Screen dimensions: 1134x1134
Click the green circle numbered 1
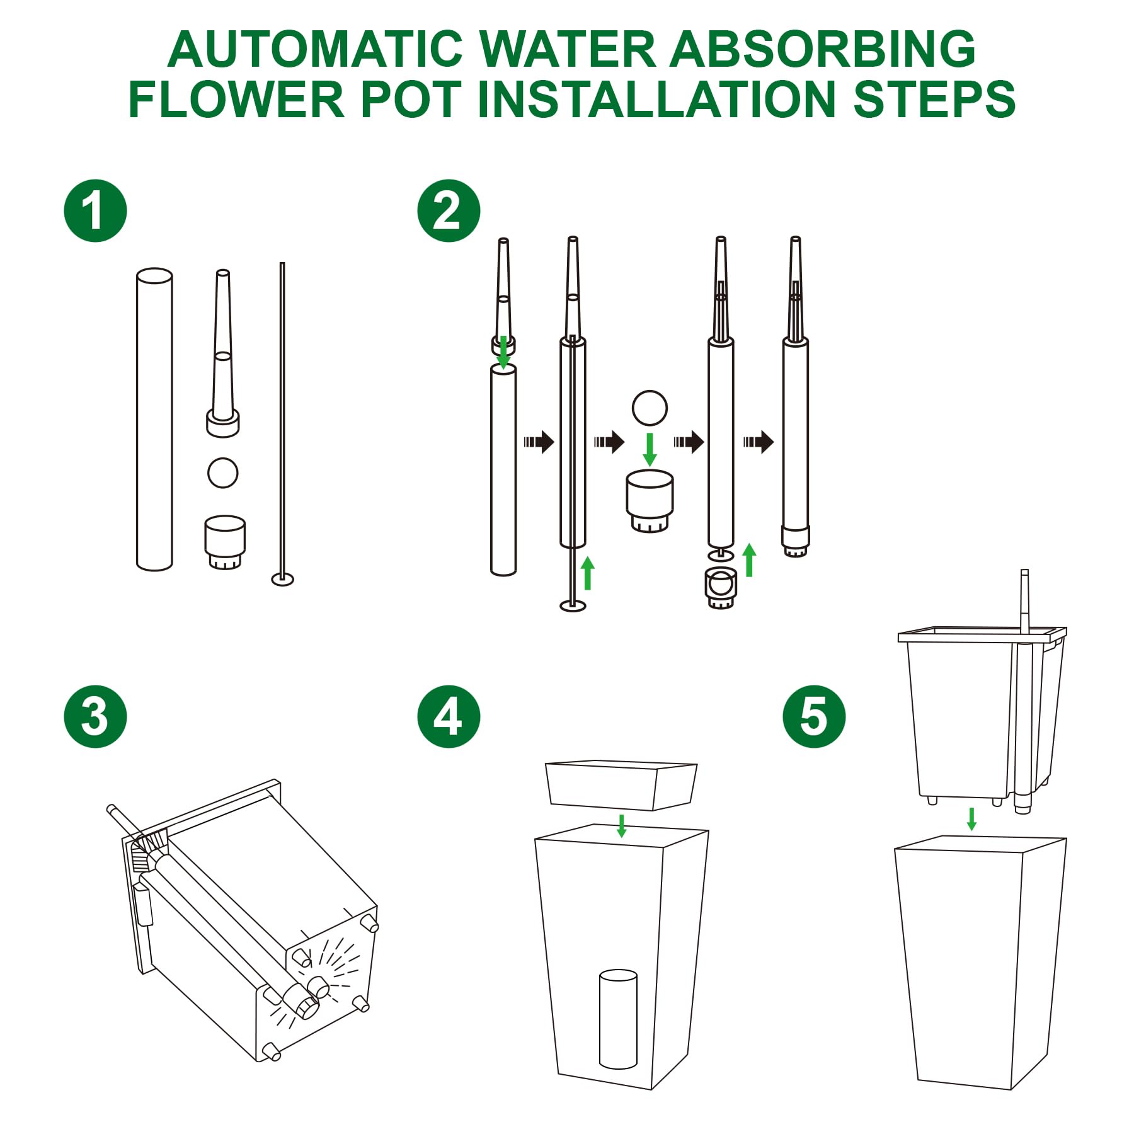[95, 211]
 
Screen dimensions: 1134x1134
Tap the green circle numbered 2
[449, 211]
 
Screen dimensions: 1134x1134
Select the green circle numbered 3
[95, 716]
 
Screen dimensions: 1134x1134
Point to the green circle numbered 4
[449, 716]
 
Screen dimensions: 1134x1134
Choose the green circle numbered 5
[814, 716]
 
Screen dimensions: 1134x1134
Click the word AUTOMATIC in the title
[316, 49]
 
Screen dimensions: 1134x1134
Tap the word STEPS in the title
[934, 99]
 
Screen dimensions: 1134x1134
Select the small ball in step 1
[223, 472]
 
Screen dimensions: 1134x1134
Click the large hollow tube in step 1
[154, 420]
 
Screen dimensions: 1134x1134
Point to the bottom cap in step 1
[225, 542]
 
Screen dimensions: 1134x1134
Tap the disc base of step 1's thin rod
[283, 578]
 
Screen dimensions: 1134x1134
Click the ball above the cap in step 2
[650, 408]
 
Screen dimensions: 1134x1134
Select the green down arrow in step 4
[622, 826]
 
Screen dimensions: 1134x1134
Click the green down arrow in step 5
[971, 819]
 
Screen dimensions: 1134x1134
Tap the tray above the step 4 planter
[621, 785]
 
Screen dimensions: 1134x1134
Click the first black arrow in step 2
[539, 442]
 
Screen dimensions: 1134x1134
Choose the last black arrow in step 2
[759, 442]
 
